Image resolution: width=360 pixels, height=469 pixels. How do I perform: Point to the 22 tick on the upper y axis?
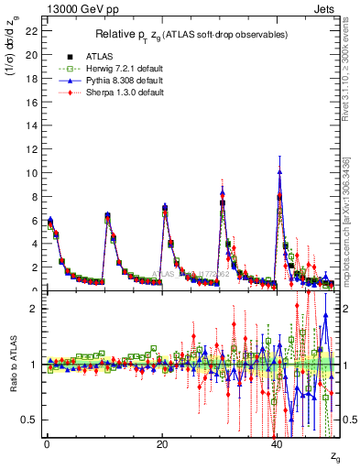tap(32, 30)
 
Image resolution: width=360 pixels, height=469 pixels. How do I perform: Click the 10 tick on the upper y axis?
tap(32, 172)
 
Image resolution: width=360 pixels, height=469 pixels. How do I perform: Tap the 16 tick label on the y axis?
tap(32, 102)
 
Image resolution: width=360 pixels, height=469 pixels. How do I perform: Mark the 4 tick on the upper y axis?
tap(35, 244)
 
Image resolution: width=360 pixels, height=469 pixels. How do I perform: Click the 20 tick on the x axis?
tap(162, 444)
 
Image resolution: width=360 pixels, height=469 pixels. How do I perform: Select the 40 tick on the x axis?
tap(278, 444)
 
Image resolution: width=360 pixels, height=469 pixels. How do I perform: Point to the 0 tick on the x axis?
tap(47, 444)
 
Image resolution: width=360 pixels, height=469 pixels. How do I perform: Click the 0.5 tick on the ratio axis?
tap(29, 420)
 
